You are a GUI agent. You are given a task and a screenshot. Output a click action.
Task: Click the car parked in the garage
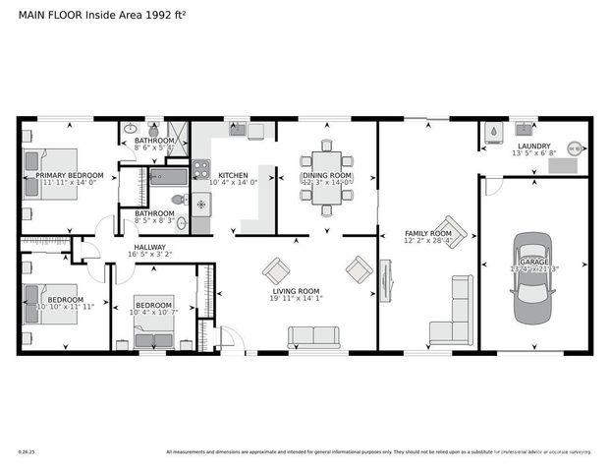coord(533,271)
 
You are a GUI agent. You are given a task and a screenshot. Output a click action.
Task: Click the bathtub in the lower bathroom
coord(167,178)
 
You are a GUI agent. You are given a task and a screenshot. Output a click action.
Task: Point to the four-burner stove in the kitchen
coord(200,168)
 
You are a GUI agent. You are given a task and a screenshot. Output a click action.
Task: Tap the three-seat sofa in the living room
coord(313,337)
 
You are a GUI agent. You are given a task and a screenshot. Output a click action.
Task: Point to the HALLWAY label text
coord(149,247)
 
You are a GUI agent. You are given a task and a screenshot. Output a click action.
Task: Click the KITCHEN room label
coord(233,175)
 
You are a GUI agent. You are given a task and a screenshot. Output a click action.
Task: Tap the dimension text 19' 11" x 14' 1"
coord(296,299)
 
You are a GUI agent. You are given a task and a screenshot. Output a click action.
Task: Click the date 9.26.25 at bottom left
coord(27,452)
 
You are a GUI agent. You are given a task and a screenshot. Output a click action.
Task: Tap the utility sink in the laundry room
coord(525,129)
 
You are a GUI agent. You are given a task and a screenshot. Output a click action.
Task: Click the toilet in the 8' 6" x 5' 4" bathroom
coord(153,129)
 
